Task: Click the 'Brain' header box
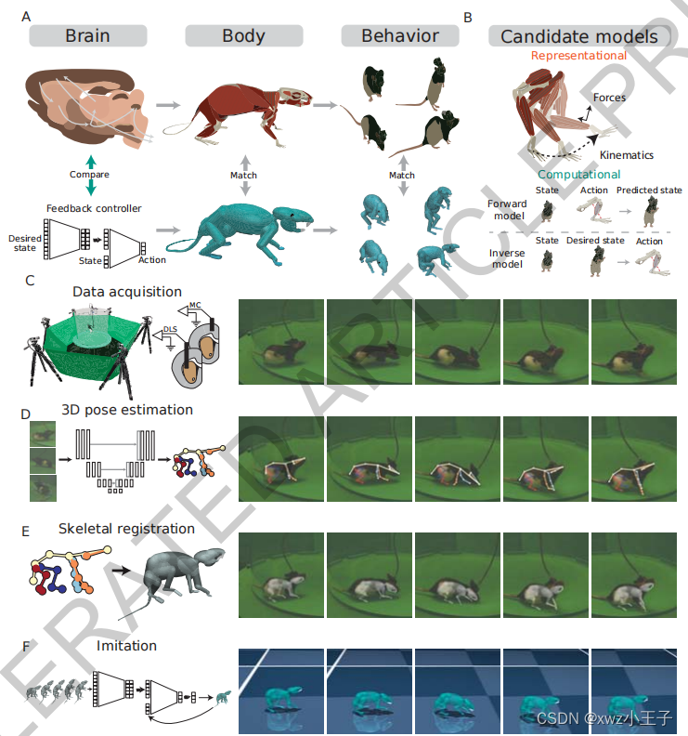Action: pos(87,36)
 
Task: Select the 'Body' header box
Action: pos(243,36)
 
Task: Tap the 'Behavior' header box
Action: pos(400,36)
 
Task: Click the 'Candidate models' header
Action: pos(578,36)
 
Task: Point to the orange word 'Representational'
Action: pos(578,56)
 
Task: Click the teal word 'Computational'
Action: pos(578,174)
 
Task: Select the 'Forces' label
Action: pos(608,98)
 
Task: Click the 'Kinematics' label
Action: pos(627,155)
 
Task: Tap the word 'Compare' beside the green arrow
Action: pos(89,174)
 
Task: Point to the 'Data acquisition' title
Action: pos(127,292)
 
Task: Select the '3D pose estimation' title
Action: pos(127,409)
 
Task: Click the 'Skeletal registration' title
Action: pos(126,529)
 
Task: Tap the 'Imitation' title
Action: pos(126,645)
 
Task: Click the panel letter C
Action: pos(30,279)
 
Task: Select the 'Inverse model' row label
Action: pos(507,257)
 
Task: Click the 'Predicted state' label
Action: pos(649,191)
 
